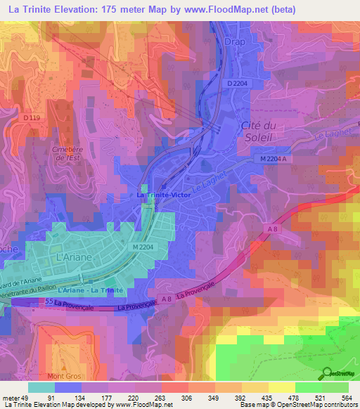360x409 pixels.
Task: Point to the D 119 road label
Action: [x=31, y=117]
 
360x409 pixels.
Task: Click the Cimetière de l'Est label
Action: [x=67, y=155]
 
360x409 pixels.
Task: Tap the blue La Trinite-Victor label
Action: [x=164, y=194]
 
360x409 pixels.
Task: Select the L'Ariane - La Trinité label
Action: [x=91, y=290]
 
